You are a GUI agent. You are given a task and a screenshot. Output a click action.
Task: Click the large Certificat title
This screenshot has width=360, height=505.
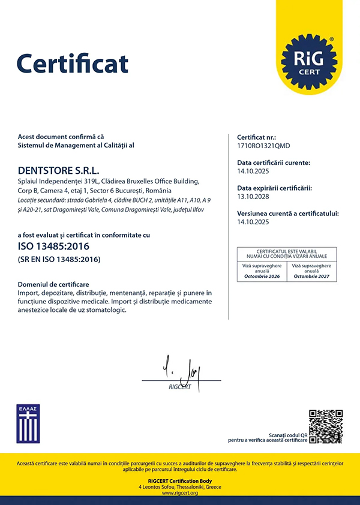73,63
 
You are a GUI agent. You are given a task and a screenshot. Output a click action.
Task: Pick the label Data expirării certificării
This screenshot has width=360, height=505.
275,188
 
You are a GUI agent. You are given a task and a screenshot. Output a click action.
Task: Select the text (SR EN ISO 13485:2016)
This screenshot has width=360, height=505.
59,259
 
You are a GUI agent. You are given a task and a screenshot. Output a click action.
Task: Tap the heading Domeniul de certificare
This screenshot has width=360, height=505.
53,284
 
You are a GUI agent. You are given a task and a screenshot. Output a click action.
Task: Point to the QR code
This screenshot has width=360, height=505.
325,426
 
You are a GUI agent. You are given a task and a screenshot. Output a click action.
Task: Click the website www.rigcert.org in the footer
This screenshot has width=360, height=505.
180,493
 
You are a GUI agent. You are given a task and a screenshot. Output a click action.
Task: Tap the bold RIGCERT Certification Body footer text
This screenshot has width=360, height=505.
180,480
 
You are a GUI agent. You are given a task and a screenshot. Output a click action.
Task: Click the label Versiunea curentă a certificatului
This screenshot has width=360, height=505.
288,213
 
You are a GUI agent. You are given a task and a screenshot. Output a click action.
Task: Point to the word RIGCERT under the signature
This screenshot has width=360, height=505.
180,387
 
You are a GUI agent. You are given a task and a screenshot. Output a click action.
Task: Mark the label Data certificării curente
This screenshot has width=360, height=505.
273,163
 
